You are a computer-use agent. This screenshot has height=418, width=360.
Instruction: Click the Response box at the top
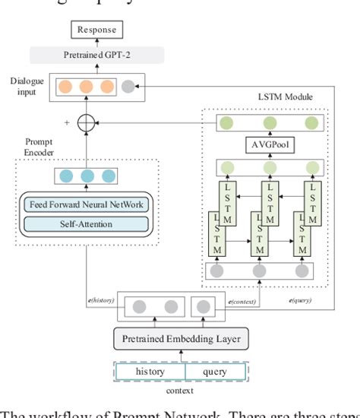(x=95, y=30)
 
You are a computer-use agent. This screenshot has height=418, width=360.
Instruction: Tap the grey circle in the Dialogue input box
(x=128, y=87)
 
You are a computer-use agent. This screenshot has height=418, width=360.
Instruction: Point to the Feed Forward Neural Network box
(x=87, y=204)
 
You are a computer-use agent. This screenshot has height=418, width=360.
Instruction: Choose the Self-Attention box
(x=87, y=223)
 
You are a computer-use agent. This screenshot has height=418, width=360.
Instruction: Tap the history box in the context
(x=150, y=372)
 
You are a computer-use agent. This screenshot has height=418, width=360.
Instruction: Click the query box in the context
(x=216, y=372)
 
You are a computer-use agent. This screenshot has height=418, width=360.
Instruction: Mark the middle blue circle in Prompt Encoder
(x=87, y=177)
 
